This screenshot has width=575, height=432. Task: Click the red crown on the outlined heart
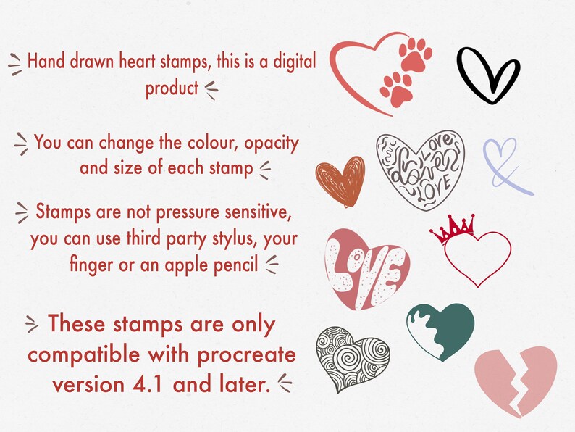pos(451,229)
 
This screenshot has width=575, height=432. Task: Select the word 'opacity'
pos(272,143)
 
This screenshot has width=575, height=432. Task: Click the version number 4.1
pos(143,383)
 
